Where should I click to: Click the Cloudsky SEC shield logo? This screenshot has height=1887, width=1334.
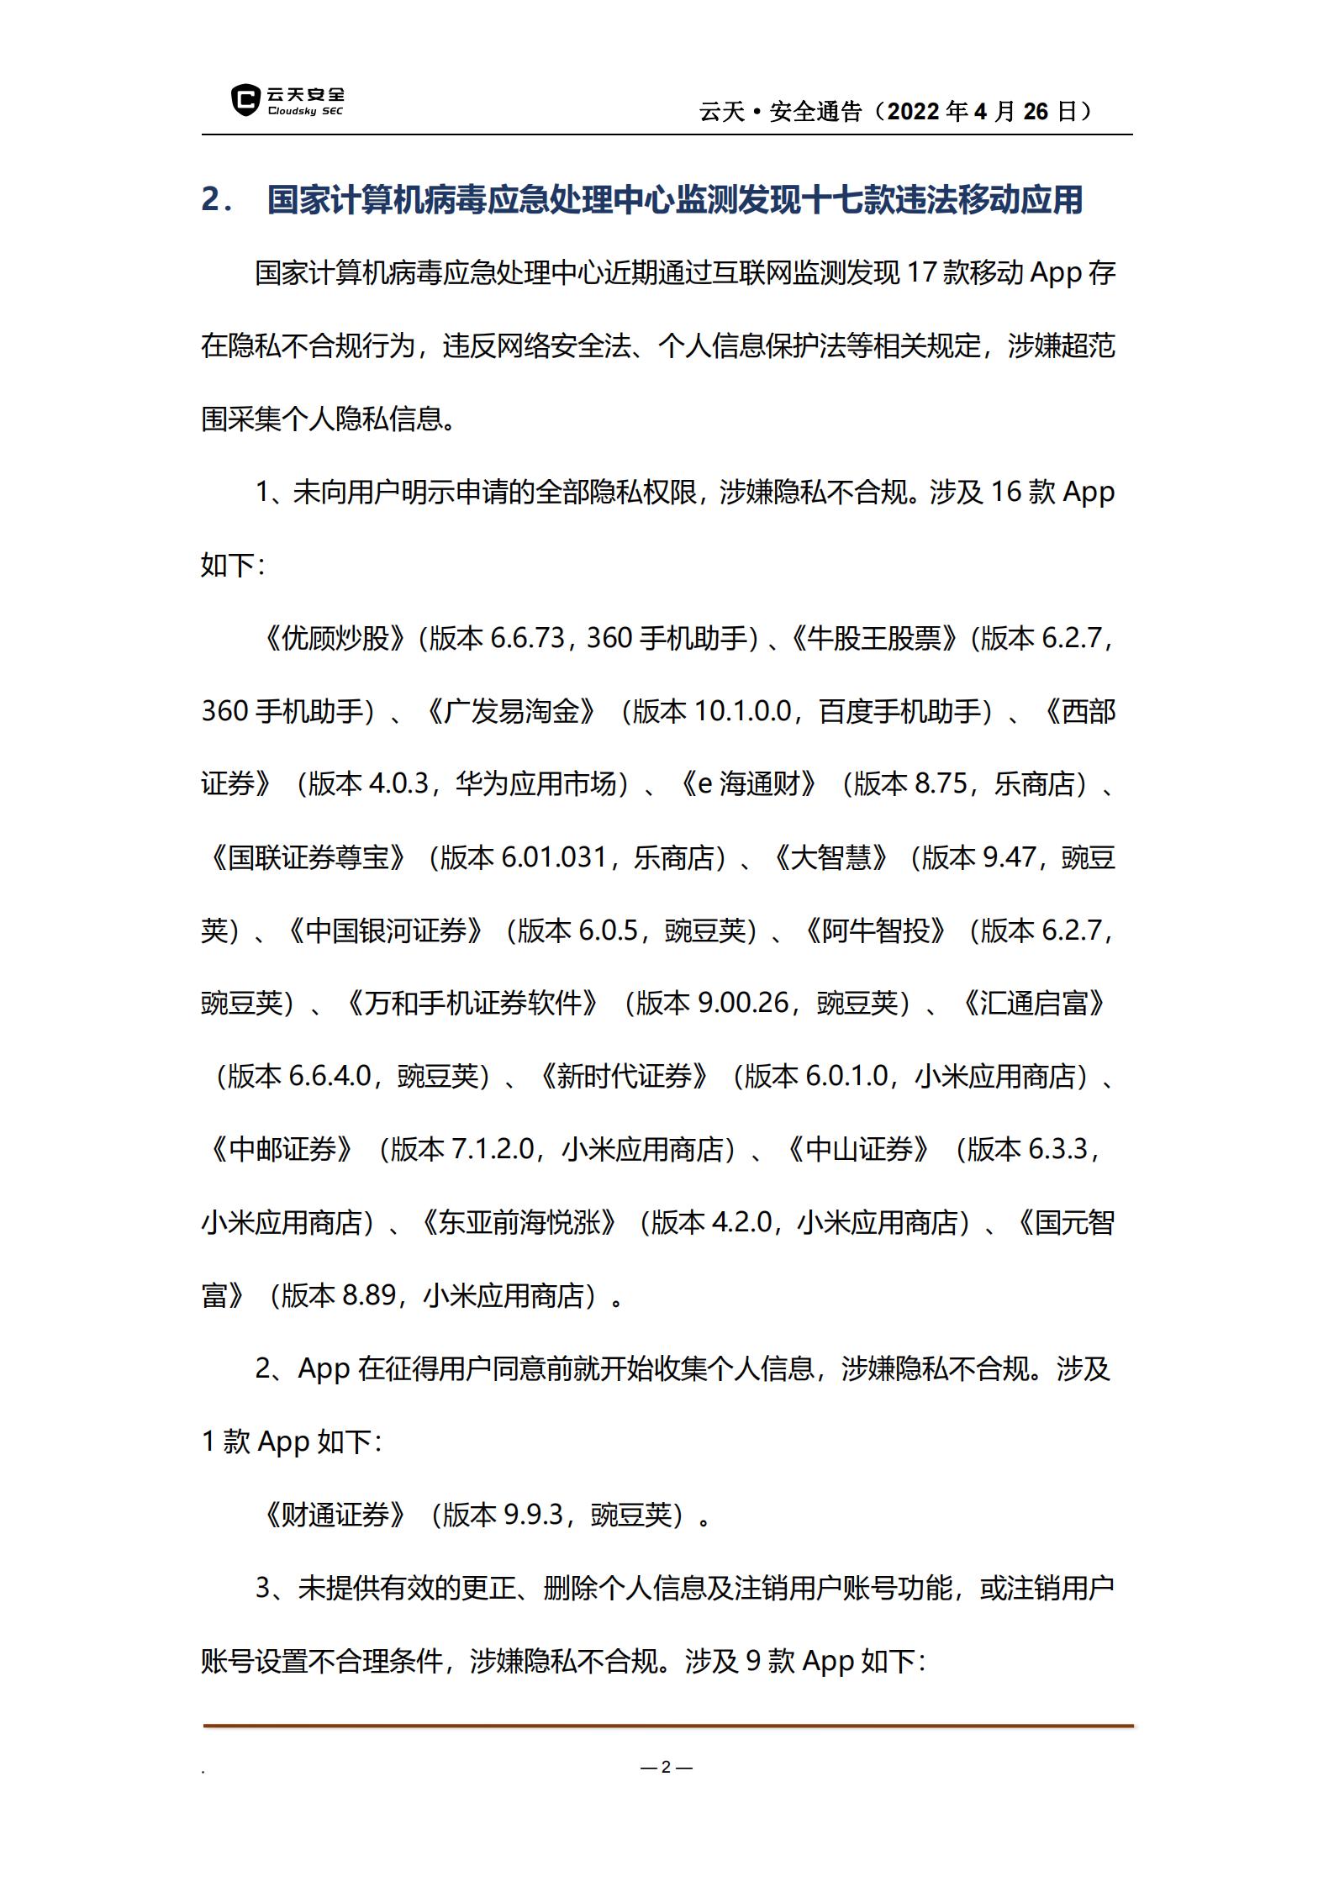(x=245, y=100)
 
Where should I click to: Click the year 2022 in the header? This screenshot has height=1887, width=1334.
(x=914, y=112)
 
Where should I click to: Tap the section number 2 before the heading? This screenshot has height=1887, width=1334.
(x=212, y=200)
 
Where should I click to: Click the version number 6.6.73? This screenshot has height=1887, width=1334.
(x=527, y=638)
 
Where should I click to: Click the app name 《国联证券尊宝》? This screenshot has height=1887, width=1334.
(x=308, y=857)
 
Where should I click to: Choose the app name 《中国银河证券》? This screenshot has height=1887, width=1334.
(x=386, y=930)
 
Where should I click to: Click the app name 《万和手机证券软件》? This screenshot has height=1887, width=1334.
(x=474, y=1003)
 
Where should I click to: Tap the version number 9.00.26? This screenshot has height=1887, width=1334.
(x=743, y=1003)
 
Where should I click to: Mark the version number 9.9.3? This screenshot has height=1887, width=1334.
(x=533, y=1514)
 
